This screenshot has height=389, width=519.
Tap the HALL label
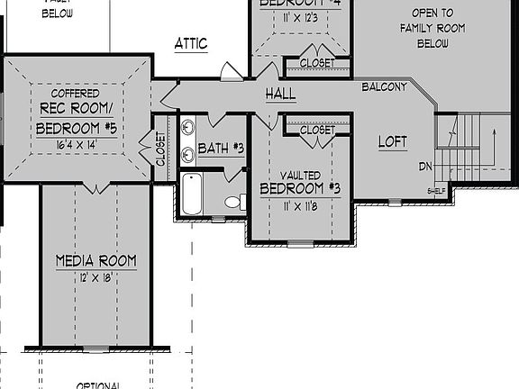280,95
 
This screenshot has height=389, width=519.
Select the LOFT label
392,142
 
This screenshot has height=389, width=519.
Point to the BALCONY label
384,87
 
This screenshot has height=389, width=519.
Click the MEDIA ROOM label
96,261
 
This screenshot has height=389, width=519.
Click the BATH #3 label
221,148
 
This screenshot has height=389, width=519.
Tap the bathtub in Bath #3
194,194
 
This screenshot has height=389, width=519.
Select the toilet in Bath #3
234,202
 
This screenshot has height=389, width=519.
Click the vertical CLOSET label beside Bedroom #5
161,149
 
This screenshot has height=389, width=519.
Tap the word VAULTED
300,175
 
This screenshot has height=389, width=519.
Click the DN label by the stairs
425,167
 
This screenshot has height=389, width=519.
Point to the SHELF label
436,191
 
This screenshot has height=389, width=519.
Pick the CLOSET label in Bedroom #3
316,131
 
